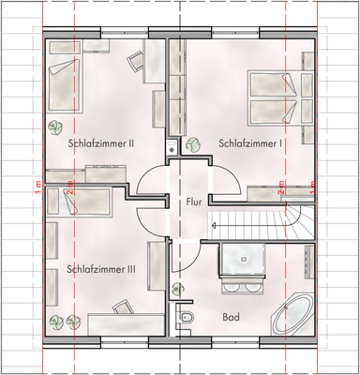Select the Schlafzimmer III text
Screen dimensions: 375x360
[x=102, y=268]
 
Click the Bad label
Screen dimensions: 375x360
[x=231, y=318]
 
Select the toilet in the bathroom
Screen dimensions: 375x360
[x=186, y=321]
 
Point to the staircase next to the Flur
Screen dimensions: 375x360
[x=253, y=224]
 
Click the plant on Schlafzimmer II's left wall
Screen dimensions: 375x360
[x=52, y=128]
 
